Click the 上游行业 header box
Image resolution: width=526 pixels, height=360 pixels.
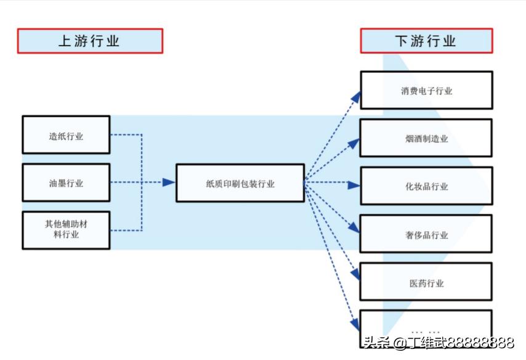[x=90, y=41]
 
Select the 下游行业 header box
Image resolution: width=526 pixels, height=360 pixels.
[x=426, y=41]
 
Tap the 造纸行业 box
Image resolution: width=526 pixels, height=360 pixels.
[x=66, y=134]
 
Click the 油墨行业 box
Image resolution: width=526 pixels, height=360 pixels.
[x=66, y=182]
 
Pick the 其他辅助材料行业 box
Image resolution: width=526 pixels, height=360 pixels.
[x=66, y=230]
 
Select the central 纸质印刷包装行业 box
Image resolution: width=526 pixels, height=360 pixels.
[x=240, y=182]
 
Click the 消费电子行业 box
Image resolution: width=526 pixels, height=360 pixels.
[x=426, y=90]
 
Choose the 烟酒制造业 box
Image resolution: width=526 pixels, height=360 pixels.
[x=426, y=138]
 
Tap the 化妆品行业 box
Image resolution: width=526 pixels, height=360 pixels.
[x=426, y=186]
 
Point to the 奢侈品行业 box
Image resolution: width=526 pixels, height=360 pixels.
[x=426, y=234]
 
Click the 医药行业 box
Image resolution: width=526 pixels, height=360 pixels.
[x=426, y=282]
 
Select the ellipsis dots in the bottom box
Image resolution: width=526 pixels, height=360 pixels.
[x=426, y=331]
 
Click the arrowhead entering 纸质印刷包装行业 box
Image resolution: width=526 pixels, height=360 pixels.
[x=168, y=182]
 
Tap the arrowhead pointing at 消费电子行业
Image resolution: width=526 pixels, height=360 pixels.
[x=354, y=96]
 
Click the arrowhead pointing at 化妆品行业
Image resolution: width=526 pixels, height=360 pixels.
[x=354, y=184]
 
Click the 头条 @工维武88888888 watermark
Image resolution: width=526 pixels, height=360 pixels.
[x=438, y=343]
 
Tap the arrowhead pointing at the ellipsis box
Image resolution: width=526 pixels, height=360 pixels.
[x=355, y=322]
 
